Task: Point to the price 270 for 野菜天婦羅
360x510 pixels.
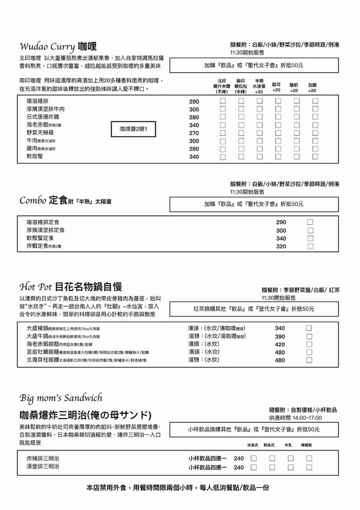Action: [194, 133]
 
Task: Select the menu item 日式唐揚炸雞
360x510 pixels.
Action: [43, 117]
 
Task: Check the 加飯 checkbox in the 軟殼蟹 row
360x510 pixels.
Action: [313, 156]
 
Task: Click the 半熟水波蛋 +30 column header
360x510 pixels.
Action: [259, 86]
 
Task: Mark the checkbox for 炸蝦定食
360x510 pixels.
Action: [310, 246]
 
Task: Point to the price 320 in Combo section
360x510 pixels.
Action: [281, 246]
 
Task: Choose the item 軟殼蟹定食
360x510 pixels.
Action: [41, 238]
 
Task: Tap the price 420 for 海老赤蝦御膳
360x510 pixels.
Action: [279, 344]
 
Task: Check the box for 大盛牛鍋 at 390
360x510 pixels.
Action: [308, 336]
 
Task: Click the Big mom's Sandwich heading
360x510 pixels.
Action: [61, 398]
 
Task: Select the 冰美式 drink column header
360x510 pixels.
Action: [252, 444]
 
